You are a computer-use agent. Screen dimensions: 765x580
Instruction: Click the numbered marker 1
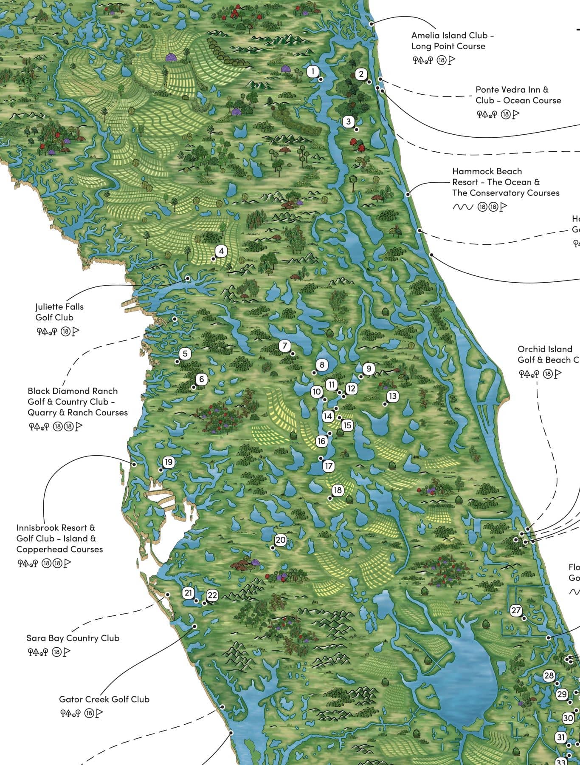pos(313,71)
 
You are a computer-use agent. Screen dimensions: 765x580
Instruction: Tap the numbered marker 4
pos(221,251)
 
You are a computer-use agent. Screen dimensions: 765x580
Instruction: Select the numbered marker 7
pos(284,346)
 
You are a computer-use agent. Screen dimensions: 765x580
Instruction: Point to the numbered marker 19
pos(169,462)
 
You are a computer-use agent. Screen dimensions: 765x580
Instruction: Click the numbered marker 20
pos(281,540)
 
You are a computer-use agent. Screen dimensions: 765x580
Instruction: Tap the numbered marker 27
pos(516,610)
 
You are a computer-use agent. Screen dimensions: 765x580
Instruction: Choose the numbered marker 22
pos(212,595)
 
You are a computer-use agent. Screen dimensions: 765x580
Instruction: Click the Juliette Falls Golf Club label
pos(59,312)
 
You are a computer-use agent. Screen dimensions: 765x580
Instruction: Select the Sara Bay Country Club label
pos(73,638)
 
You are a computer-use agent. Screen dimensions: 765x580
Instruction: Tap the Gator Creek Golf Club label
pos(104,699)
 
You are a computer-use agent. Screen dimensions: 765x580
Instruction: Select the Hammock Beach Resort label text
pos(505,182)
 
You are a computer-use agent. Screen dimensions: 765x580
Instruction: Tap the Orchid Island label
pos(545,349)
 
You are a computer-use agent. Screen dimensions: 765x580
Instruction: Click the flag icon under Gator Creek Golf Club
pos(99,713)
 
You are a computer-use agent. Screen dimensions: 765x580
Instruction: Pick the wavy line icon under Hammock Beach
pos(462,207)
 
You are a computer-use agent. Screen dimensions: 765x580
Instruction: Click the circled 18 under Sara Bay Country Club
pos(56,652)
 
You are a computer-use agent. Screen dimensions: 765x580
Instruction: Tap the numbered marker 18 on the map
pos(338,490)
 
